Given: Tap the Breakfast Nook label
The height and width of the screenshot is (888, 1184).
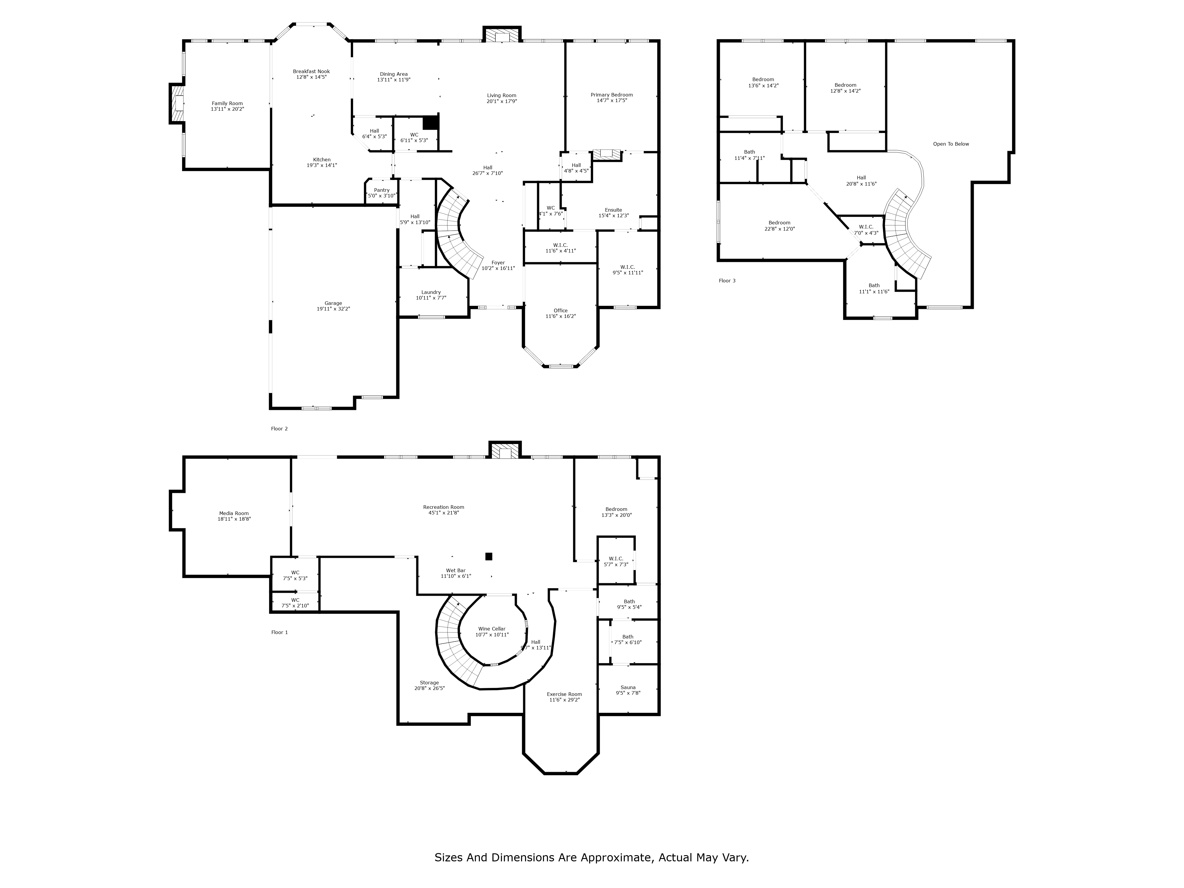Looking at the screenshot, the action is click(x=311, y=71).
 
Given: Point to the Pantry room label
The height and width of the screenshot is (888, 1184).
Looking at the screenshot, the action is click(x=382, y=190).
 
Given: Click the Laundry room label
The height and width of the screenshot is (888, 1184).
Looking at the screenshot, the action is click(x=431, y=292).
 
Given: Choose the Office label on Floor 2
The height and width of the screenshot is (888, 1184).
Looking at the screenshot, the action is click(x=560, y=311).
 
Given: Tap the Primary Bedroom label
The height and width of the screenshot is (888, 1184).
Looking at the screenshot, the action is click(x=612, y=95).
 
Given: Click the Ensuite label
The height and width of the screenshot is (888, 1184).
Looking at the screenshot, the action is click(x=613, y=210).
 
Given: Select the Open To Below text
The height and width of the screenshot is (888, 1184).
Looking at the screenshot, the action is click(x=951, y=144).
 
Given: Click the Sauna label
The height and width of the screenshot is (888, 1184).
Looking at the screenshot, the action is click(x=628, y=687).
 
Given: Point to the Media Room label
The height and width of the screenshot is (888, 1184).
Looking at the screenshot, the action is click(x=234, y=513).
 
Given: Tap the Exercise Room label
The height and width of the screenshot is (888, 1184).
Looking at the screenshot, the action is click(x=564, y=694).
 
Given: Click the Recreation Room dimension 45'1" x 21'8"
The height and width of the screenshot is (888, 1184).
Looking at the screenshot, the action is click(x=444, y=513).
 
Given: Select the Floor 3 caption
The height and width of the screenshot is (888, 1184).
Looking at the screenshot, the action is click(x=727, y=281).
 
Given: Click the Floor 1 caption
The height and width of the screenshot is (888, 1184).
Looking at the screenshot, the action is click(x=279, y=632).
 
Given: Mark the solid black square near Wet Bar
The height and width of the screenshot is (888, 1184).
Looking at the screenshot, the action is click(x=489, y=557).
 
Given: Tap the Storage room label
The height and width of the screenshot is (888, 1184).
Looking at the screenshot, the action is click(x=429, y=683).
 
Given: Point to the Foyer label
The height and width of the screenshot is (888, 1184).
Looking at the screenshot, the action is click(x=498, y=263).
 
